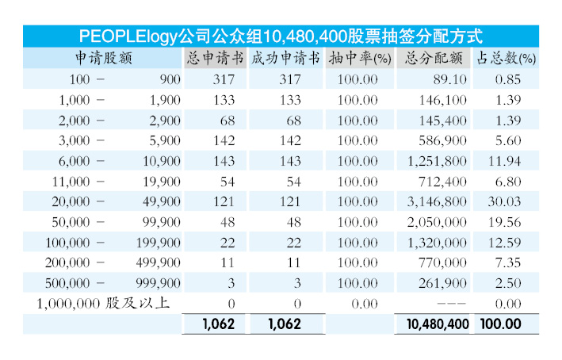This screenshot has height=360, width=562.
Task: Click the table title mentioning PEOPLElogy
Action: [x=281, y=36]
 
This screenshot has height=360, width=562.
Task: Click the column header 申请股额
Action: [x=103, y=58]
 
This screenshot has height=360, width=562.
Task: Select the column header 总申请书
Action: [x=215, y=58]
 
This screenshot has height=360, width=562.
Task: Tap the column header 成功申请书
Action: [x=285, y=58]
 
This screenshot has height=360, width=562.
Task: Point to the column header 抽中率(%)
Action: [x=360, y=58]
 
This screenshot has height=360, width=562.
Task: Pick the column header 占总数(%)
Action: [x=506, y=58]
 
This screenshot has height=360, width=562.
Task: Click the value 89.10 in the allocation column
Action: [x=449, y=79]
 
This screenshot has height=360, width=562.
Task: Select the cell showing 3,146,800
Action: [x=435, y=201]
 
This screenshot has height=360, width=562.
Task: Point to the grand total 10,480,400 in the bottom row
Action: [x=437, y=324]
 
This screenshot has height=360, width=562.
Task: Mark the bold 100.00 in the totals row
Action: [x=499, y=324]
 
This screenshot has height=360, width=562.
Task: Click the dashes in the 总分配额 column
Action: [x=449, y=304]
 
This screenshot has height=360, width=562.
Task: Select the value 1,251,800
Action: [x=435, y=161]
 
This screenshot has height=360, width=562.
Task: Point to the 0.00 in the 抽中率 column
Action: [x=357, y=304]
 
